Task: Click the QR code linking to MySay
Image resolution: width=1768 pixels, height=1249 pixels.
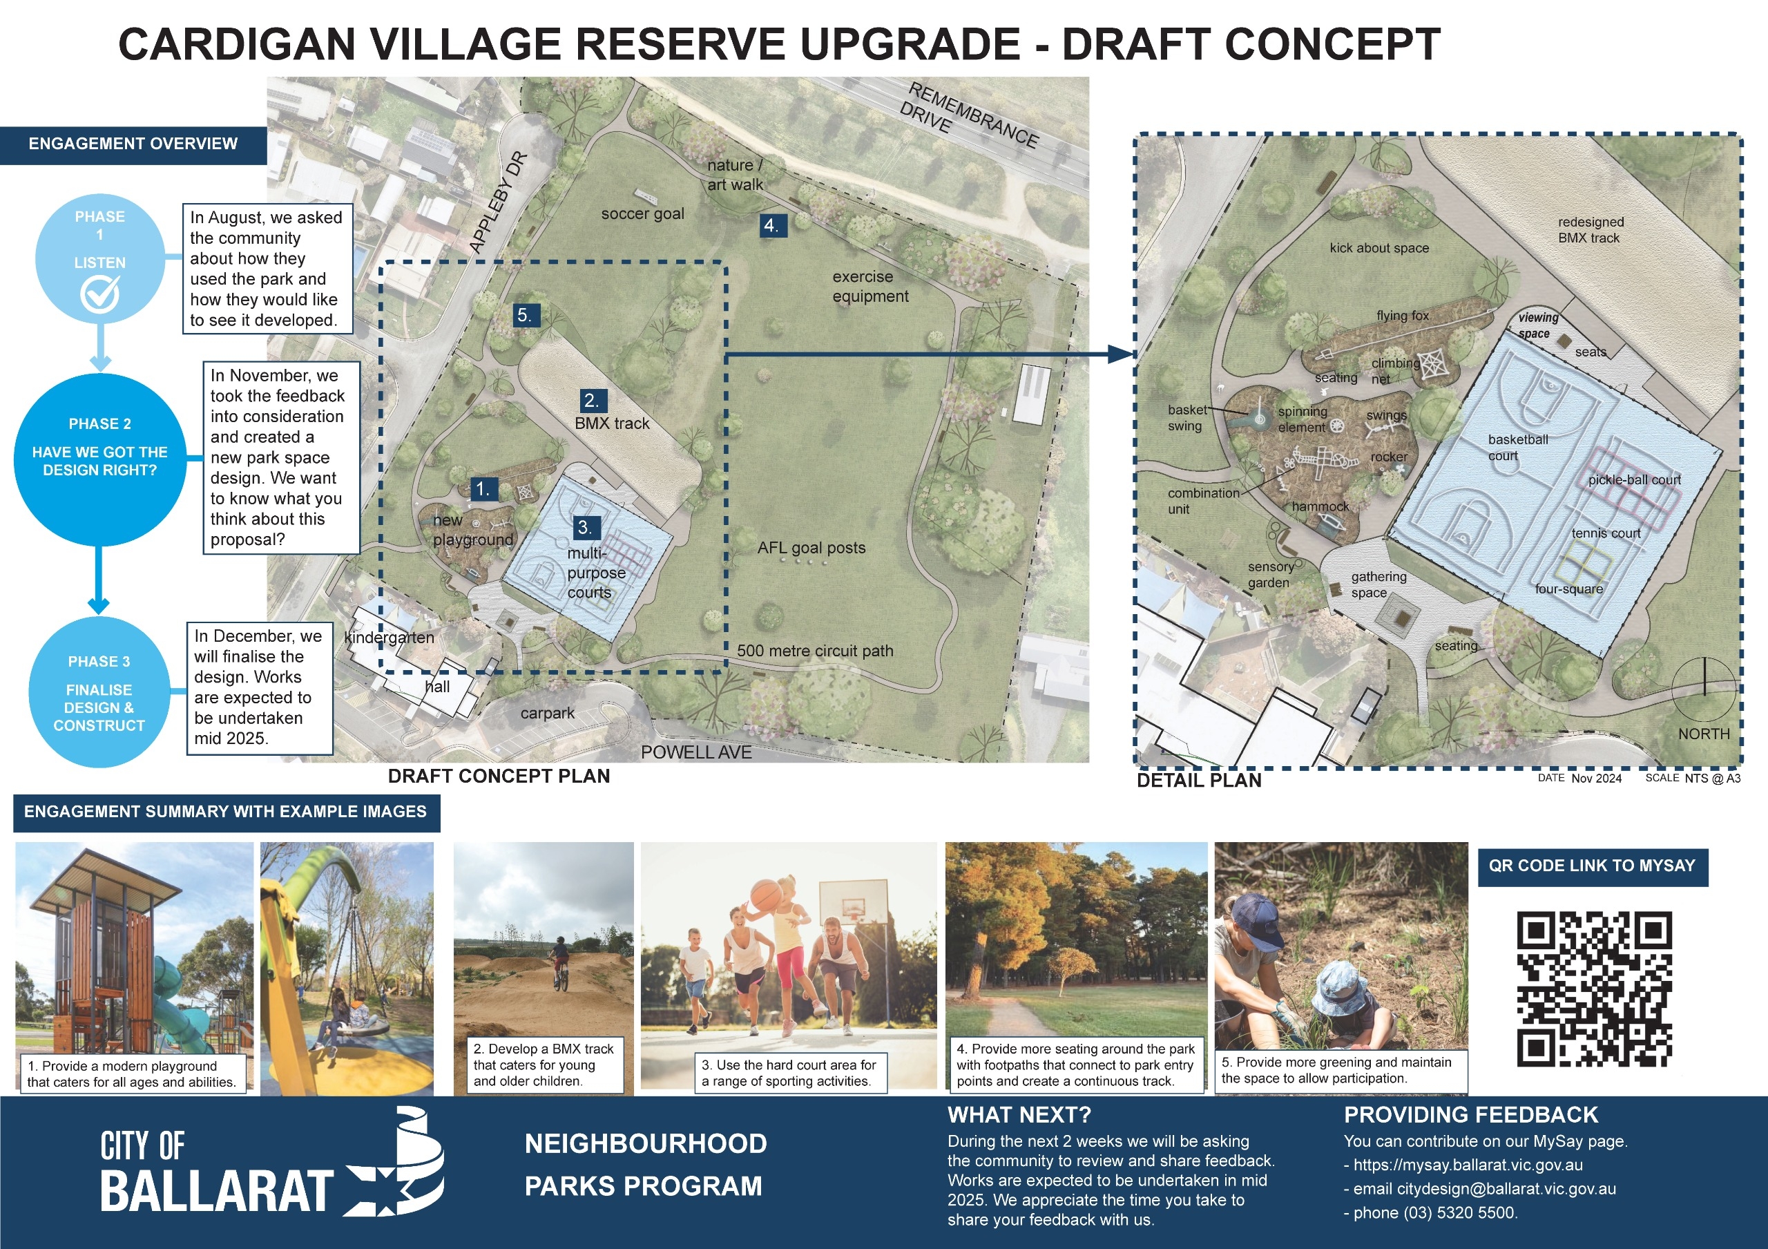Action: click(1594, 989)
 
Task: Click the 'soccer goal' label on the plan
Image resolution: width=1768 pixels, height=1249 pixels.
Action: click(642, 214)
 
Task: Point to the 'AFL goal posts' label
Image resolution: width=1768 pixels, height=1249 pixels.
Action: click(811, 549)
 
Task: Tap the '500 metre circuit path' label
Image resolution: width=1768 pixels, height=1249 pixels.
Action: click(815, 651)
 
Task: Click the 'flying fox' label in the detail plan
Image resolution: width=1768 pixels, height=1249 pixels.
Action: click(1402, 316)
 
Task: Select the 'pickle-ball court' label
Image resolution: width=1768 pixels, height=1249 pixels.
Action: click(1634, 479)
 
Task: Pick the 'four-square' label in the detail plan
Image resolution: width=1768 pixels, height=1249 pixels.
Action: click(1568, 589)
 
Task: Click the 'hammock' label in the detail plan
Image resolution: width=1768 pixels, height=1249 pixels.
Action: click(1320, 506)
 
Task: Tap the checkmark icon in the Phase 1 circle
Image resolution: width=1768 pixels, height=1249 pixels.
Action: click(100, 294)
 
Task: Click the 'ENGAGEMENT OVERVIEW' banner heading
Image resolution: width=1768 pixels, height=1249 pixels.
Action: click(133, 144)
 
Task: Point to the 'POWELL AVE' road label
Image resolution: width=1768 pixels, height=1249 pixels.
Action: click(696, 752)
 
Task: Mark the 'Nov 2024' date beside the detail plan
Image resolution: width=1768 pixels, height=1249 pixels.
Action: click(1596, 779)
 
